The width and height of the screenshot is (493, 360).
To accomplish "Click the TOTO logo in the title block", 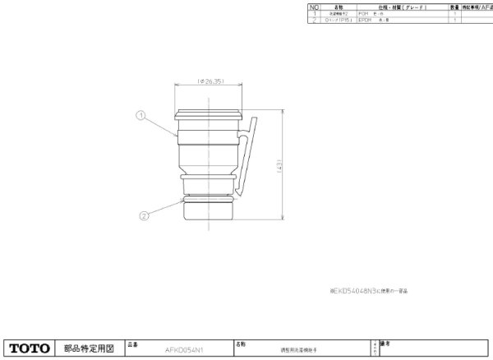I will point(30,348).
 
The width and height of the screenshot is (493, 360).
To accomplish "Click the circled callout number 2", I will point(144,215).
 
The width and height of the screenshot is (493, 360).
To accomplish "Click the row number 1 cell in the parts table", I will point(312,14).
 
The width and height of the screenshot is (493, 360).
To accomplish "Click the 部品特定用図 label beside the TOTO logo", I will point(88,348).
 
